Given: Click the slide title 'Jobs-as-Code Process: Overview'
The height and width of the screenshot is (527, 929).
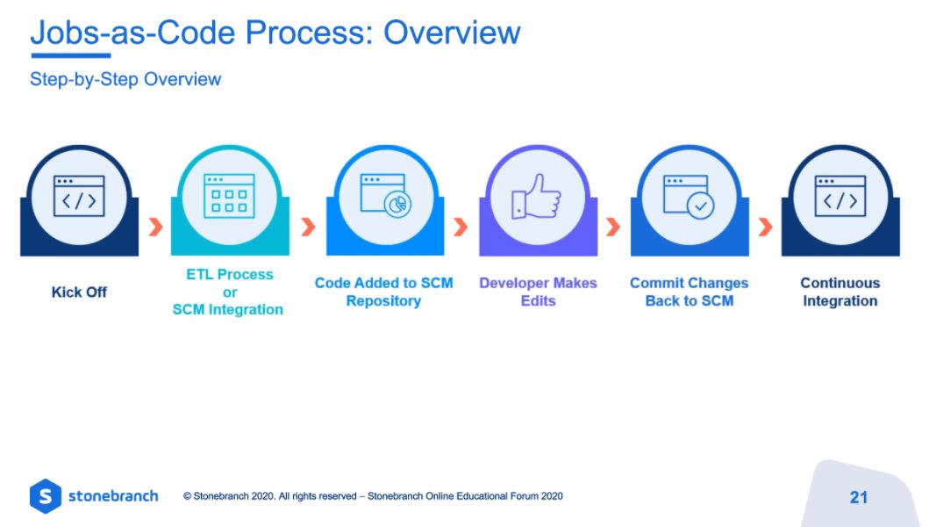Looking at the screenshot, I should pos(275,32).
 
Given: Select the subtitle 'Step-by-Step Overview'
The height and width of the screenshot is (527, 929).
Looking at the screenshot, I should pos(125,79).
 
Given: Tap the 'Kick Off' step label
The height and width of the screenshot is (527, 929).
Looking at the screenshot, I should pos(79,292).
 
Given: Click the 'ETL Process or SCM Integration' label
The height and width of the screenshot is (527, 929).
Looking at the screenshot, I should pos(229,292).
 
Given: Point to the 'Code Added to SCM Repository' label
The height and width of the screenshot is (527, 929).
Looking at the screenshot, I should pos(383,292).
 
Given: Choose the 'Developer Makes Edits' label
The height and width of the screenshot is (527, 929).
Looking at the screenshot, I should pos(538,292).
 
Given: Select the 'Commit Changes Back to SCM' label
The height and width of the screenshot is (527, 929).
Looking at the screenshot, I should pos(689,292).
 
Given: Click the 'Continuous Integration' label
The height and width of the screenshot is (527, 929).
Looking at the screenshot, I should pos(840,292).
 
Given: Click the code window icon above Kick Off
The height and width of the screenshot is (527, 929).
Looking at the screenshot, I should pos(79,196).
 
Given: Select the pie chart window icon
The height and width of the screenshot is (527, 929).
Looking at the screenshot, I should pos(385,196).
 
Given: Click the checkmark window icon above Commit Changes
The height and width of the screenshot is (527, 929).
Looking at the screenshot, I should pos(689,196).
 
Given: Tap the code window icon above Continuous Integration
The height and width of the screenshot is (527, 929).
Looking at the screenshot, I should pos(840,196).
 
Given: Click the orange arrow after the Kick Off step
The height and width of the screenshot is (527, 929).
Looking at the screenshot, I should pos(155,227).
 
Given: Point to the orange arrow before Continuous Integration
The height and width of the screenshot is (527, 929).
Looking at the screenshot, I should pos(765,227).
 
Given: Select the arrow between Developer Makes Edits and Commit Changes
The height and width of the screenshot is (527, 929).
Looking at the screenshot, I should pos(612,227).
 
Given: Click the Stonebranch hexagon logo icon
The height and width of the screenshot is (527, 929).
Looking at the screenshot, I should pos(45,496).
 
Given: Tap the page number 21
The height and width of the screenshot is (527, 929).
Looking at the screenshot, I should pos(858,497).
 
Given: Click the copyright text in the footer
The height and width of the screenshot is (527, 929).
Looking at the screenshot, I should pos(373,496).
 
